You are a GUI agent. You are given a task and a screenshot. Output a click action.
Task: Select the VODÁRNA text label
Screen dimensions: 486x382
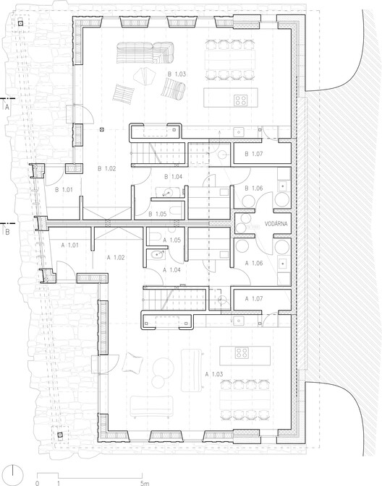pos(277,223)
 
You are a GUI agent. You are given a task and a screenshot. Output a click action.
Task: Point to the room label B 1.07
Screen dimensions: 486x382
pos(254,154)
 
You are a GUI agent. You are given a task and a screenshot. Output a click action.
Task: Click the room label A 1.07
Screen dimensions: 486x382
pos(255,298)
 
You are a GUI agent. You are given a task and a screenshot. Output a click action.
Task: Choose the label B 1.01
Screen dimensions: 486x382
pos(67,191)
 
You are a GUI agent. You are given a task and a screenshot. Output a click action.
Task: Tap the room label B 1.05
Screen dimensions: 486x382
pos(158,214)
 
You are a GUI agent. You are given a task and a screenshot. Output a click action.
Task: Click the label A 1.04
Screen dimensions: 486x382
pos(171,269)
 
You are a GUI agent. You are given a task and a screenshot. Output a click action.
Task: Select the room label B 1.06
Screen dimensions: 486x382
pos(254,188)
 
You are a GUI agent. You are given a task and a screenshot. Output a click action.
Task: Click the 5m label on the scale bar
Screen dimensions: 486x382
pos(145,482)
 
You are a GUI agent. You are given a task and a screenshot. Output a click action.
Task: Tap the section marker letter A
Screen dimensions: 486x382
pos(7,106)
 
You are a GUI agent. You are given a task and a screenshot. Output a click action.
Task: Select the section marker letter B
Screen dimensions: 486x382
pos(7,233)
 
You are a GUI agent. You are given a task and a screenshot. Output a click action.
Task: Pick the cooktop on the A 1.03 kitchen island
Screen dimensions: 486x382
pos(242,353)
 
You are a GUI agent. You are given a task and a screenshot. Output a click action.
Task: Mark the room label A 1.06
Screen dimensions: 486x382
pos(255,264)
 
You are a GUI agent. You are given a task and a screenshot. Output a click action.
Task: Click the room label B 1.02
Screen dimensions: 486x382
pos(106,168)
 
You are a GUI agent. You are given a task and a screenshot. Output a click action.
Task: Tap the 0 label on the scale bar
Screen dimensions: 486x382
pos(36,482)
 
